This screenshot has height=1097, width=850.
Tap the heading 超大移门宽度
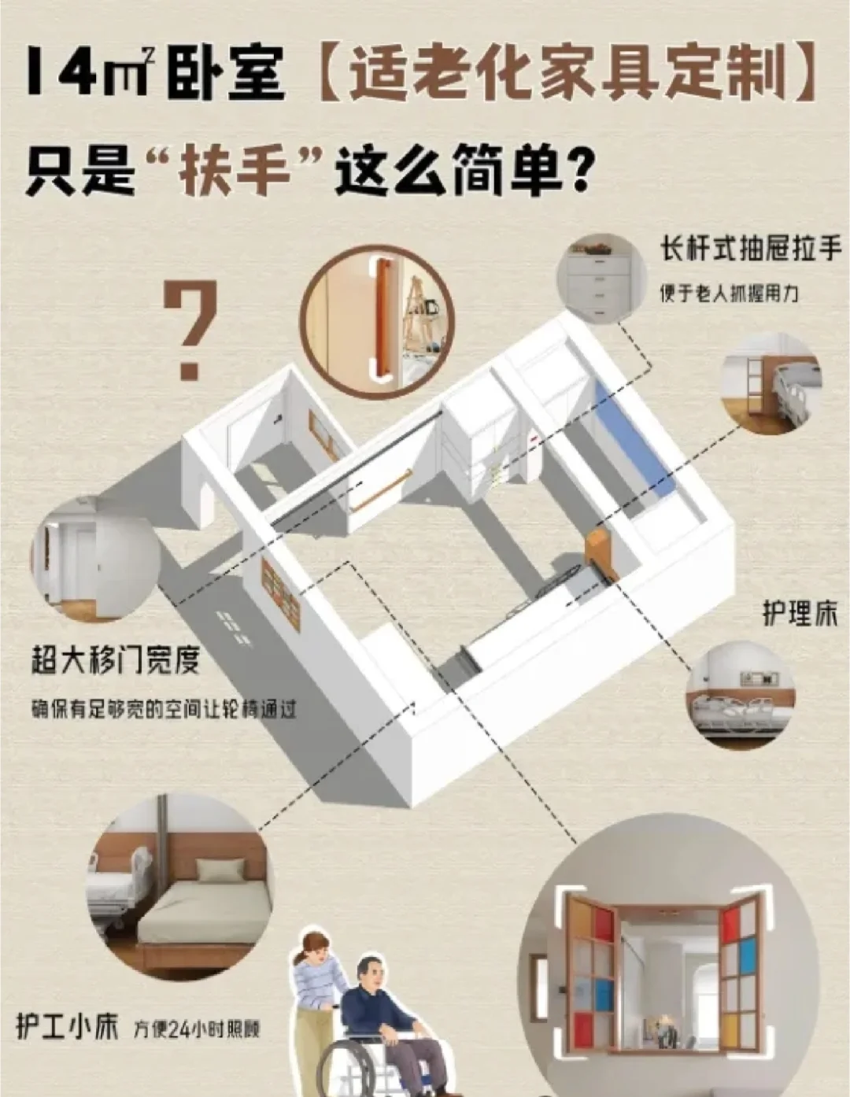click(x=115, y=659)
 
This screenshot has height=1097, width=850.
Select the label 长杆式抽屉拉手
click(x=750, y=249)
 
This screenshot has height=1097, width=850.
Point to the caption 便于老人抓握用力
click(x=729, y=294)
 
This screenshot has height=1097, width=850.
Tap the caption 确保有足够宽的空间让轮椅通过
click(x=164, y=709)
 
